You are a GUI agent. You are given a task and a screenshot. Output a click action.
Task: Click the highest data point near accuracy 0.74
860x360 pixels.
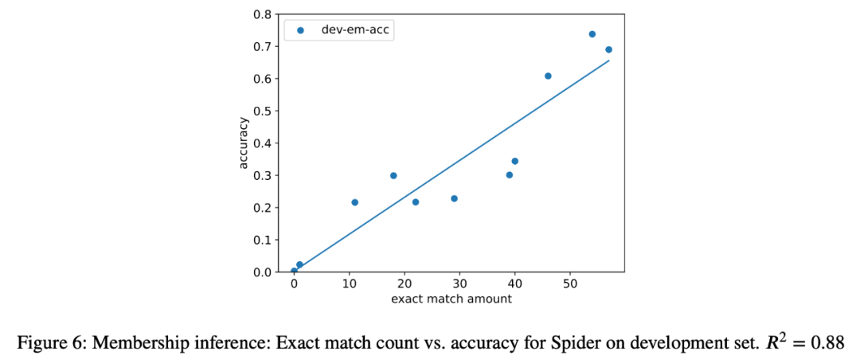pyautogui.click(x=592, y=34)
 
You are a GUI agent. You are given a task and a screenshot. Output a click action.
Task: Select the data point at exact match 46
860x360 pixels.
pyautogui.click(x=548, y=76)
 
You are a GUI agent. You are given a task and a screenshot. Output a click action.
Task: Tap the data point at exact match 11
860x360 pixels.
pyautogui.click(x=354, y=202)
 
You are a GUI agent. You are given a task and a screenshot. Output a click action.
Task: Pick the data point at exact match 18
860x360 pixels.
pyautogui.click(x=393, y=175)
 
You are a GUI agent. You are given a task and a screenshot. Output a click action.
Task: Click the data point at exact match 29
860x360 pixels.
pyautogui.click(x=454, y=198)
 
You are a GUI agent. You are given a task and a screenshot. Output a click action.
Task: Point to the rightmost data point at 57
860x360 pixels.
pyautogui.click(x=608, y=49)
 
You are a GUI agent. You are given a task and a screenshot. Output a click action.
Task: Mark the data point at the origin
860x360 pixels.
pyautogui.click(x=294, y=271)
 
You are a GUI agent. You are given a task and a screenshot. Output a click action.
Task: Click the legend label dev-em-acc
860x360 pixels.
pyautogui.click(x=354, y=30)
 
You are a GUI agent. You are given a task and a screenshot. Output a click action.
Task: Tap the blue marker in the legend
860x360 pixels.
pyautogui.click(x=301, y=30)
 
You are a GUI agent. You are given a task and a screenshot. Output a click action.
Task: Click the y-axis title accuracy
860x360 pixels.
pyautogui.click(x=244, y=143)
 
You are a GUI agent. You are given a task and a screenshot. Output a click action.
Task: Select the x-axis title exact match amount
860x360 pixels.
pyautogui.click(x=451, y=299)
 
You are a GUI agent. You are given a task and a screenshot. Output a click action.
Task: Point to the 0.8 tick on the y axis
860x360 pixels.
pyautogui.click(x=262, y=14)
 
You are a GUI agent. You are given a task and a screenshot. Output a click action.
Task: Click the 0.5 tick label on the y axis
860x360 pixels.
pyautogui.click(x=262, y=111)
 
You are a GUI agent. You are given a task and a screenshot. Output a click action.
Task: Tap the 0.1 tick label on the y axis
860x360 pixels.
pyautogui.click(x=262, y=240)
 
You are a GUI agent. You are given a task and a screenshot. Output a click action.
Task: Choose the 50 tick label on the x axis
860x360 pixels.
pyautogui.click(x=569, y=284)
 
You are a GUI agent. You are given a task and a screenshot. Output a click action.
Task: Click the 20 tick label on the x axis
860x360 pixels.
pyautogui.click(x=404, y=284)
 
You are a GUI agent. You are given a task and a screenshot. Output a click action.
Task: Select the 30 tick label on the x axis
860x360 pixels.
pyautogui.click(x=459, y=284)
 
